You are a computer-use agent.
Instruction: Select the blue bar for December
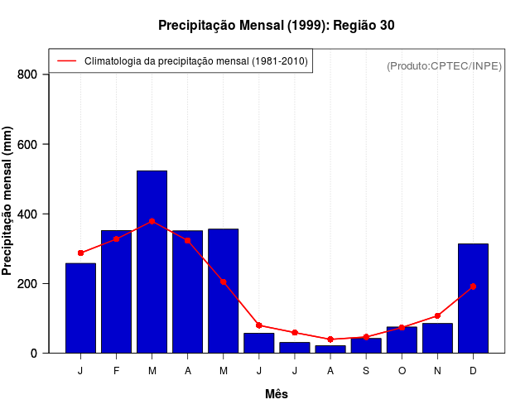(x=473, y=306)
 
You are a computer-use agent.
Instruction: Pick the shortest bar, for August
(x=330, y=349)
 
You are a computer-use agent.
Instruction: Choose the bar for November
(x=437, y=338)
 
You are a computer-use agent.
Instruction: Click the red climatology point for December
(x=473, y=286)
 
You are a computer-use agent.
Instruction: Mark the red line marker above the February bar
(x=116, y=238)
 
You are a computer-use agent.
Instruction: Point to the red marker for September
(x=366, y=337)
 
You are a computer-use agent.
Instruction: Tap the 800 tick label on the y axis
(x=28, y=75)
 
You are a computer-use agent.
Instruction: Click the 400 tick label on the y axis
(x=28, y=214)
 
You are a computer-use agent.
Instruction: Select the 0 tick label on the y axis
(x=34, y=354)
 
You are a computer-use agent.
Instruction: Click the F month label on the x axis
(x=116, y=371)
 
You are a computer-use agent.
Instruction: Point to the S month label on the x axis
(x=366, y=371)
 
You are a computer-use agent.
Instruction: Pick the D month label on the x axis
(x=473, y=371)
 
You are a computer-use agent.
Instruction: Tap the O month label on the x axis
(x=402, y=371)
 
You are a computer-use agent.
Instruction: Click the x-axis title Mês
(x=277, y=394)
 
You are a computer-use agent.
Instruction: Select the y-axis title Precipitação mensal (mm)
(x=8, y=201)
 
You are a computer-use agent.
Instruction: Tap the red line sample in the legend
(x=66, y=60)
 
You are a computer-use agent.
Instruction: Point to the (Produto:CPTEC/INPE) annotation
(x=444, y=65)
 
